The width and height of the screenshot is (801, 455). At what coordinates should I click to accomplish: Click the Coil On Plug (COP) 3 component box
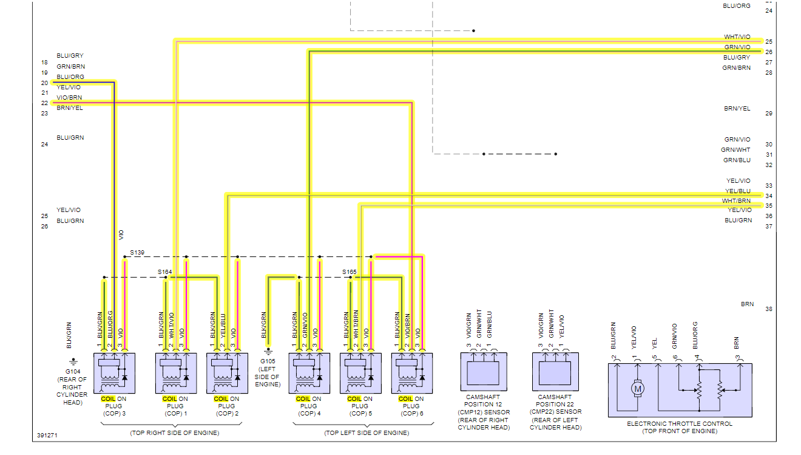pyautogui.click(x=114, y=373)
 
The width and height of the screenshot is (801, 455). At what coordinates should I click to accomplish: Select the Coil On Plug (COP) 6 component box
pyautogui.click(x=412, y=373)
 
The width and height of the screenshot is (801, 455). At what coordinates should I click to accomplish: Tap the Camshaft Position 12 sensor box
pyautogui.click(x=484, y=372)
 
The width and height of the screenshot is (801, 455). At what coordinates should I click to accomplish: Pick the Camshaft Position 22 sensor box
pyautogui.click(x=555, y=372)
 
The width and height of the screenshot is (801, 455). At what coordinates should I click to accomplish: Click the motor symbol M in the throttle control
pyautogui.click(x=638, y=388)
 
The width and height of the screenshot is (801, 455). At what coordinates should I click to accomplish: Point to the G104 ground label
pyautogui.click(x=73, y=372)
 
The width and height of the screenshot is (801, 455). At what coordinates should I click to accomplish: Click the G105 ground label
pyautogui.click(x=268, y=361)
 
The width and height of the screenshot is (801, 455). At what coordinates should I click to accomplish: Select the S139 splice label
pyautogui.click(x=137, y=252)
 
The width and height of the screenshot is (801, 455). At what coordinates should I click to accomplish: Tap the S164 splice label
pyautogui.click(x=165, y=272)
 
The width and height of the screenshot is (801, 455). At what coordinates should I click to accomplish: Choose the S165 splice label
pyautogui.click(x=350, y=272)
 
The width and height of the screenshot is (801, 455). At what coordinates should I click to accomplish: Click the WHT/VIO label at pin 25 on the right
pyautogui.click(x=737, y=37)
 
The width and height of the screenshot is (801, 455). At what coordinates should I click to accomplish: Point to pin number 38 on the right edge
pyautogui.click(x=769, y=309)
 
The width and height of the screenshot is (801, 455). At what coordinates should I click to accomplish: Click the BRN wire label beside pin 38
pyautogui.click(x=748, y=304)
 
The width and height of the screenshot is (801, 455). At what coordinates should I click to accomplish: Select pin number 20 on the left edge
pyautogui.click(x=44, y=83)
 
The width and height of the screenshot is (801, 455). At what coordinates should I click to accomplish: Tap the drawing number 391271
pyautogui.click(x=47, y=436)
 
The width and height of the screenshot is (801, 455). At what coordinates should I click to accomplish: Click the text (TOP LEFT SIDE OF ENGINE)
pyautogui.click(x=367, y=433)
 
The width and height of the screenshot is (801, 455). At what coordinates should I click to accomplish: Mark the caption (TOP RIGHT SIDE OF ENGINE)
pyautogui.click(x=175, y=433)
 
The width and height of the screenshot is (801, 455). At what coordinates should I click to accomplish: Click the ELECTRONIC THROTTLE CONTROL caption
pyautogui.click(x=680, y=424)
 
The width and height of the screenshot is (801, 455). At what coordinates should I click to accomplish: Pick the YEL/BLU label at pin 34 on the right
pyautogui.click(x=738, y=191)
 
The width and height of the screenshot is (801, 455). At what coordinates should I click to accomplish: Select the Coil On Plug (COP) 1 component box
pyautogui.click(x=176, y=373)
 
